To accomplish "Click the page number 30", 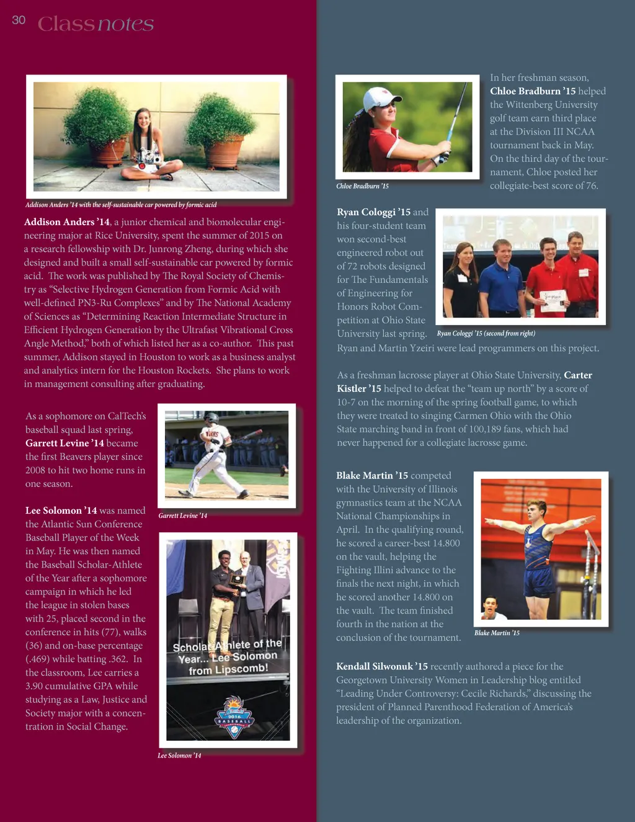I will point(19,20).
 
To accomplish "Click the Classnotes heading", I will point(95,24).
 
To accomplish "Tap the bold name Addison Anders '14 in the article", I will point(67,222).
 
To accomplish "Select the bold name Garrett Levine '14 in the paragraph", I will point(64,443).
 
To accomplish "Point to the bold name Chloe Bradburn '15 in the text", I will point(533,91).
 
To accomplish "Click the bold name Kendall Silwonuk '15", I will point(382,666).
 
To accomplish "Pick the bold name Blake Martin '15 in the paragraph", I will point(372,476).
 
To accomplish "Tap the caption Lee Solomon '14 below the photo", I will point(179,756).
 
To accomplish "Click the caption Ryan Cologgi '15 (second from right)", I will point(486,334).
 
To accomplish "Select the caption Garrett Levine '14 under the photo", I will point(183,516).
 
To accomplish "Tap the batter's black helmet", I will point(212,418).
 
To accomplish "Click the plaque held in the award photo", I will point(236,579).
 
